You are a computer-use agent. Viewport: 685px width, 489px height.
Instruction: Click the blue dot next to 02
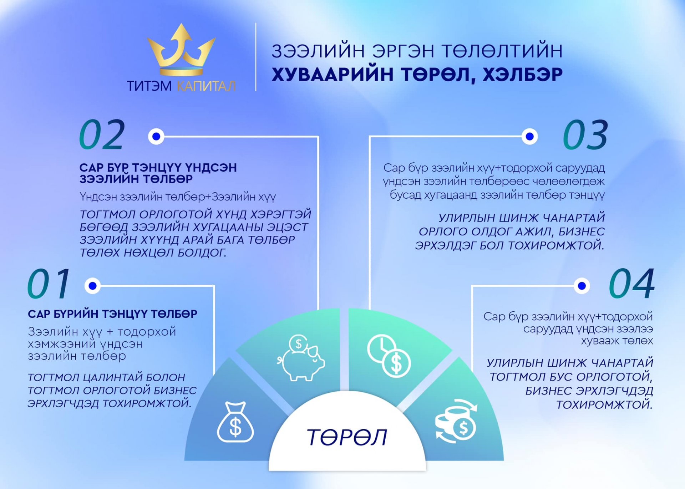156,136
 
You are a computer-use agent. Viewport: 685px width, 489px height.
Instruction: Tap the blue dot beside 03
530,136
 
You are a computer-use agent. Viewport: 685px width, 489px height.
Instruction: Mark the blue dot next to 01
93,286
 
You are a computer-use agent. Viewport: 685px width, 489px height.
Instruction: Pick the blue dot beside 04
582,286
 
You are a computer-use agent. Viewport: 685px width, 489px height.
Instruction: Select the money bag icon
235,422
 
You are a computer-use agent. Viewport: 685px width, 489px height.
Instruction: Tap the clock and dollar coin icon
389,356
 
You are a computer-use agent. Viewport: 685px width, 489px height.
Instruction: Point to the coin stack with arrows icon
456,421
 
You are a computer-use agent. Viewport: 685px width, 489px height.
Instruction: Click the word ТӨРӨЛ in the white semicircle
347,437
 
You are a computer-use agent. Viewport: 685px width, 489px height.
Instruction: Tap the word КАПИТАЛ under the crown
206,86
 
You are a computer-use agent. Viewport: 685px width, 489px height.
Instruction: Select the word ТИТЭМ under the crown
149,86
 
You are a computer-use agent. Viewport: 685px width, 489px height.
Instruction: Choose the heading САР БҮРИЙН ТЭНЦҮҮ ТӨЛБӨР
112,314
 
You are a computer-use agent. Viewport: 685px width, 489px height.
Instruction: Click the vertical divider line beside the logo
256,57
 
